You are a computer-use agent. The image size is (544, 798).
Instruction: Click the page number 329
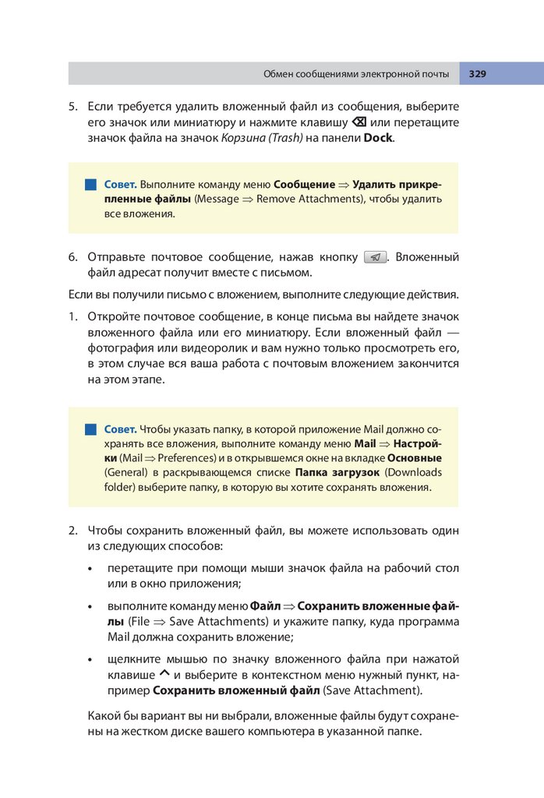coord(478,74)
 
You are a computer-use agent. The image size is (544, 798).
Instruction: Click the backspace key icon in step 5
coord(359,122)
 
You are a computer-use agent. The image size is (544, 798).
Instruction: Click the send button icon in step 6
coord(376,257)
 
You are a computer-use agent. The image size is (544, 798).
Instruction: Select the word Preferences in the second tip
coord(185,458)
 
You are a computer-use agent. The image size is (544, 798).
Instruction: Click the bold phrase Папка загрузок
coord(337,473)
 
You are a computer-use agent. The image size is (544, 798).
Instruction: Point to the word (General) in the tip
coord(125,473)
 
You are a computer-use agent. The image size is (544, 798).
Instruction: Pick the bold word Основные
coord(414,458)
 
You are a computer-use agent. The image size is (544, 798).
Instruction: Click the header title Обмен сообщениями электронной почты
coord(355,74)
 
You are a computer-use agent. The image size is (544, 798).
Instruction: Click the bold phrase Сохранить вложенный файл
coord(236,690)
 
